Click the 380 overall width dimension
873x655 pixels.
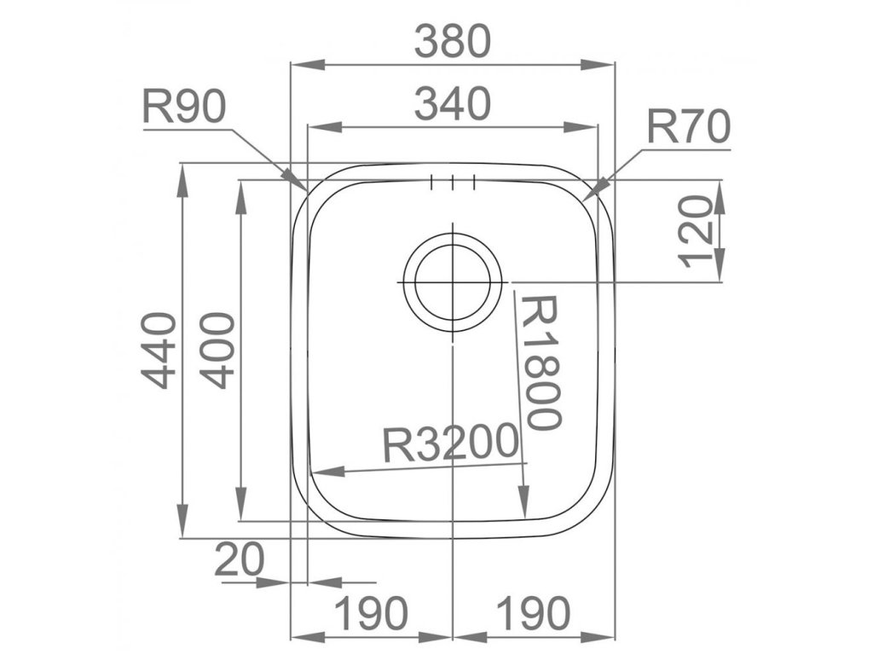(453, 40)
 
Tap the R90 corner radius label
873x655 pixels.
(184, 107)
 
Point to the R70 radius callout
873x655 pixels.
(689, 128)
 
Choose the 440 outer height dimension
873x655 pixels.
(159, 350)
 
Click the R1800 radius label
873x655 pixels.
(542, 362)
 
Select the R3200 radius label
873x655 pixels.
(451, 443)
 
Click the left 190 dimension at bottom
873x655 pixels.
(370, 612)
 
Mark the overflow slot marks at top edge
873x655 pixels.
(453, 182)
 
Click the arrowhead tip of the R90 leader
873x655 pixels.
(305, 189)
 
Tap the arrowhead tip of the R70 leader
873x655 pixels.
(587, 195)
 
